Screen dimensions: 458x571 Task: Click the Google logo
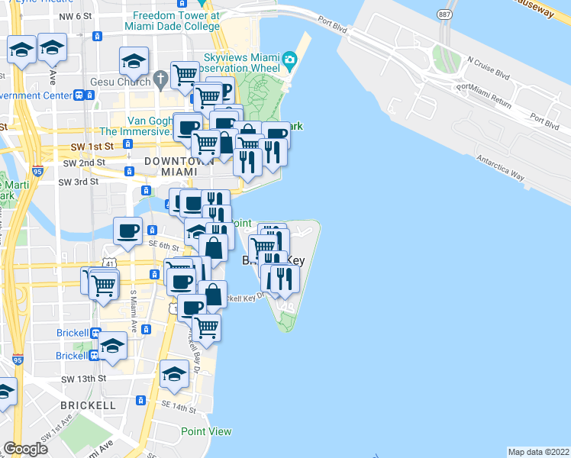coord(26,449)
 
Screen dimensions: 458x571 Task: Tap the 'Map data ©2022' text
coord(538,451)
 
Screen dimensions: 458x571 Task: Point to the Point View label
coord(206,431)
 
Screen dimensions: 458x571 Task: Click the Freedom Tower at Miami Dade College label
coord(176,21)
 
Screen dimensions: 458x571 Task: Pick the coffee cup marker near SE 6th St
coord(127,230)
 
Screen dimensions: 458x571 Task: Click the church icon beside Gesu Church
coord(160,79)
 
